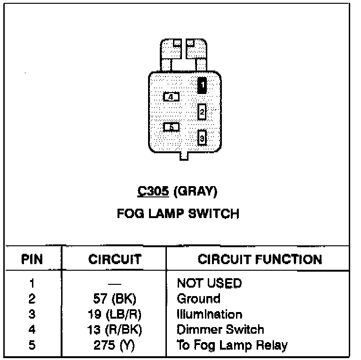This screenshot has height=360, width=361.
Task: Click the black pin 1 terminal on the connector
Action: (x=202, y=85)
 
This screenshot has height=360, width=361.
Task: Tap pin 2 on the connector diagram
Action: (x=202, y=112)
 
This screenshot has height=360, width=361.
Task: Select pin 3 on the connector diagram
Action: (x=202, y=138)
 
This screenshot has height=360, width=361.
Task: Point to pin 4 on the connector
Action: (x=171, y=96)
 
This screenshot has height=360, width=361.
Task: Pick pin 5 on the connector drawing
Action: (x=171, y=127)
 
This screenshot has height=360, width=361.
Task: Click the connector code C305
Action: (x=153, y=192)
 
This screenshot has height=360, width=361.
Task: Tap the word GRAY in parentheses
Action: (x=196, y=192)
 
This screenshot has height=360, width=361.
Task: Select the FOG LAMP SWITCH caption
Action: (x=178, y=214)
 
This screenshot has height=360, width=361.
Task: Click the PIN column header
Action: (x=33, y=259)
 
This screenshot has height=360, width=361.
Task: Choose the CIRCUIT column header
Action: (x=115, y=259)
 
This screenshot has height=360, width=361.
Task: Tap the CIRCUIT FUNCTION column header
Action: (x=260, y=259)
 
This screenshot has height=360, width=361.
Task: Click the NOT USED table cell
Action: (x=209, y=283)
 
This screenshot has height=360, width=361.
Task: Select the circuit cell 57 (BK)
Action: (x=114, y=299)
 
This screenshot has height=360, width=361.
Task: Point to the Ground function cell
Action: (x=198, y=299)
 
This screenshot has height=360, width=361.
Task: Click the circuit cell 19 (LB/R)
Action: (x=114, y=314)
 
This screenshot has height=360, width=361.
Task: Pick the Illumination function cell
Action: (x=210, y=314)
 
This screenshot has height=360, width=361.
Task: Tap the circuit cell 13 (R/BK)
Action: (x=114, y=330)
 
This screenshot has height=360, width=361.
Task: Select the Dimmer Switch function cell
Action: (x=220, y=330)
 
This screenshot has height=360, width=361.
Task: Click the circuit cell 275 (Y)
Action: (x=114, y=345)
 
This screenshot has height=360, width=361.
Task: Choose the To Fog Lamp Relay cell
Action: (x=232, y=345)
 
